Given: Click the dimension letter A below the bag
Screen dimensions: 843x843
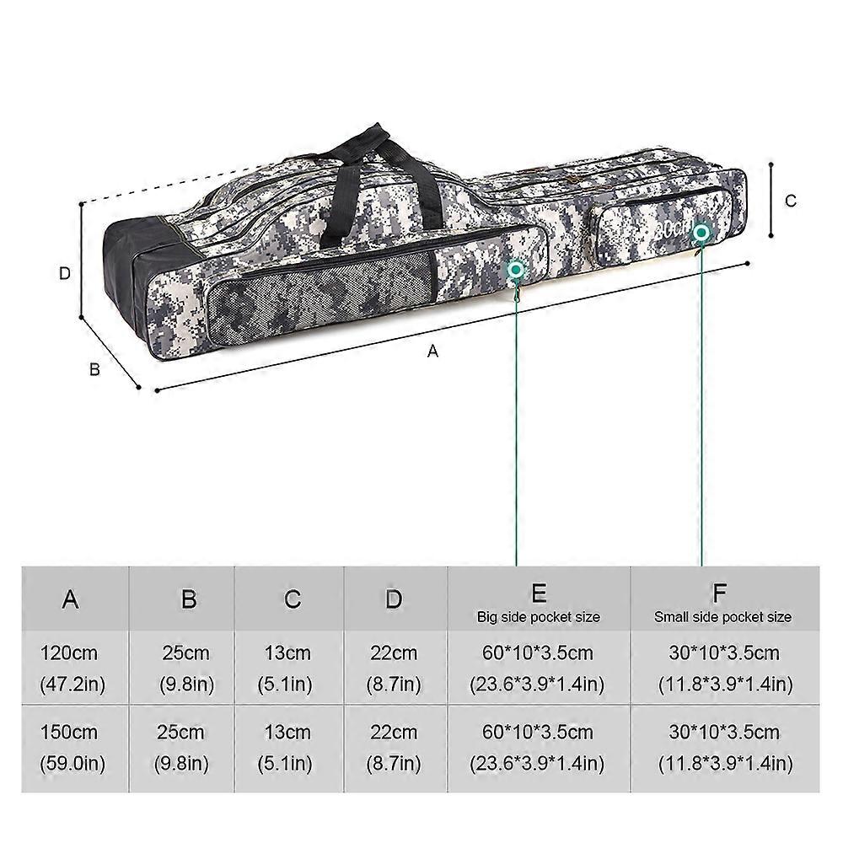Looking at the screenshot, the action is [432, 351].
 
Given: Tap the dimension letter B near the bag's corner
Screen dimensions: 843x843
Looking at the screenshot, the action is [94, 369].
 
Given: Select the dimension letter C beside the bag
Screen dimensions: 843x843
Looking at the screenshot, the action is [791, 201].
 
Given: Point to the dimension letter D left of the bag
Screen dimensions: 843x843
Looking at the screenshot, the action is [65, 274].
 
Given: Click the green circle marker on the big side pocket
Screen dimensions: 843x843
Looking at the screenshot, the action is [516, 270].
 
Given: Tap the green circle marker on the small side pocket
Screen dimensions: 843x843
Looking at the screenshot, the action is [701, 233].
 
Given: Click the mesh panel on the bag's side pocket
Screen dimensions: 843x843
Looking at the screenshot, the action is [321, 296].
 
